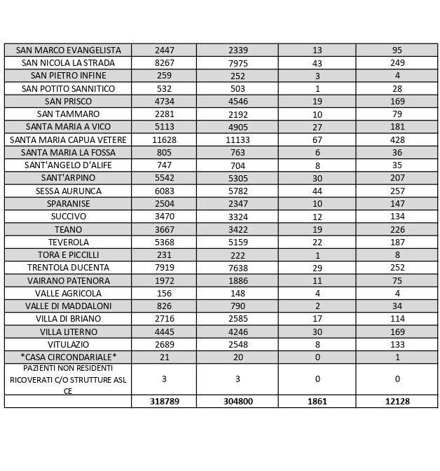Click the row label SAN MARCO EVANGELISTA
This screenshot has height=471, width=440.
68,50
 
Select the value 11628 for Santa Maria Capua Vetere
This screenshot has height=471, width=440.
164,140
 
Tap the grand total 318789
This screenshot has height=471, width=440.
164,402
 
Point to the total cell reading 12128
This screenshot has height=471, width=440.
397,402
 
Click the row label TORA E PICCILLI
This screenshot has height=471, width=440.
68,255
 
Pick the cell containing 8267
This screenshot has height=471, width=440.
164,63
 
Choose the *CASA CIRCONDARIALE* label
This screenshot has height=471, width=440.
68,357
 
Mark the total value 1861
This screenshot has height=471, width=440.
317,402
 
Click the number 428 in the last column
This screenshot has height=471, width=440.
397,140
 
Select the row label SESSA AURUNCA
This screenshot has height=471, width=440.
68,191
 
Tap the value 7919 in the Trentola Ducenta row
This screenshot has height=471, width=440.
164,268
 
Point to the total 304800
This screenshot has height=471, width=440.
238,402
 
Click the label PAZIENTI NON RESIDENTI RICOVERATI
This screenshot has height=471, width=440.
68,379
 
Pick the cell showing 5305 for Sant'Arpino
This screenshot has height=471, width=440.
238,179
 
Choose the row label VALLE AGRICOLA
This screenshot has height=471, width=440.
68,294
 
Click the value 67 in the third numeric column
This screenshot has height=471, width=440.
317,140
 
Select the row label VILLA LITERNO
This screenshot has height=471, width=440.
68,332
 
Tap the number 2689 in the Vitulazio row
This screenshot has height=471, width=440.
164,345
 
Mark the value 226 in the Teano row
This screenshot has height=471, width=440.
397,230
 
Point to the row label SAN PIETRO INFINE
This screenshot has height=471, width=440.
68,76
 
